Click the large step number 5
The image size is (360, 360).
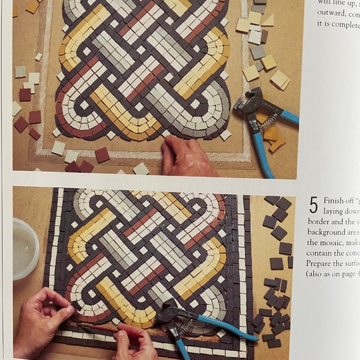(x=313, y=205)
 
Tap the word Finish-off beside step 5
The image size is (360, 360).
(x=338, y=202)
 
